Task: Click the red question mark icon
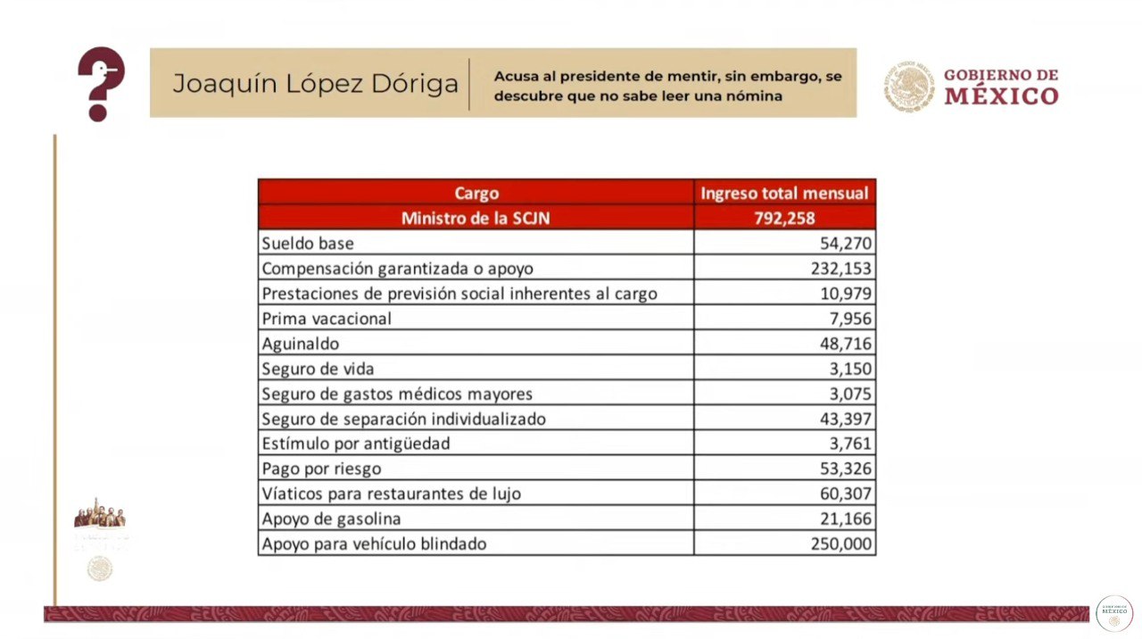tap(101, 84)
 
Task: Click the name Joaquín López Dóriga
tap(315, 84)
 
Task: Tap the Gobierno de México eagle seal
tap(910, 86)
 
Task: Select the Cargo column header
tap(476, 193)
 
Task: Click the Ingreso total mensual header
tap(784, 193)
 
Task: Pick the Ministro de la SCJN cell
tap(476, 218)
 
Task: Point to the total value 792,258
tap(784, 218)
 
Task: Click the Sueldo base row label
tap(308, 243)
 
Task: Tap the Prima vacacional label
tap(327, 319)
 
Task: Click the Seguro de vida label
tap(318, 369)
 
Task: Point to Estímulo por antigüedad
tap(355, 444)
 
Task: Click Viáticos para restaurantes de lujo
tap(391, 494)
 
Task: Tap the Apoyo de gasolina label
tap(331, 519)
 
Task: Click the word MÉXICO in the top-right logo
tap(1001, 96)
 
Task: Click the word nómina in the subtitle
tap(758, 95)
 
